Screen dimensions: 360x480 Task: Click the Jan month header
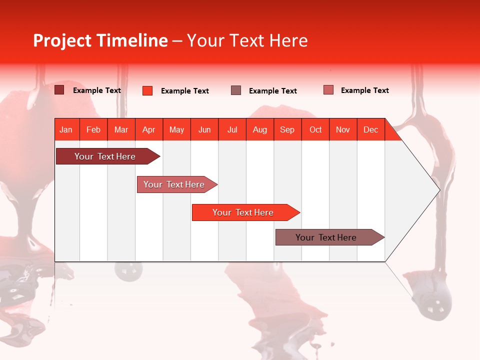click(x=66, y=129)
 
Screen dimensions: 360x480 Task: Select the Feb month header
click(x=93, y=129)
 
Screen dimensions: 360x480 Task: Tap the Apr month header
click(x=149, y=129)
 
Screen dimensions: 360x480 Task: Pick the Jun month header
click(x=204, y=129)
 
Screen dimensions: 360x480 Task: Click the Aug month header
click(x=260, y=129)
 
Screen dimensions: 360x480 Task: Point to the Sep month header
click(x=287, y=129)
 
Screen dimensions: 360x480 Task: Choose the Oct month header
click(x=315, y=129)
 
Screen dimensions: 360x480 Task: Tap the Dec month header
click(x=371, y=129)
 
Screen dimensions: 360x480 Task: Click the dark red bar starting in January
click(x=105, y=156)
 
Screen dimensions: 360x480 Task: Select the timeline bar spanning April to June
click(x=174, y=184)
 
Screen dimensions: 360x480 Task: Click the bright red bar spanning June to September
click(x=243, y=212)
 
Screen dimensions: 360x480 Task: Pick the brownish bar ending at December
click(x=326, y=237)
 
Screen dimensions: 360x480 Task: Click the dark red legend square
click(x=59, y=90)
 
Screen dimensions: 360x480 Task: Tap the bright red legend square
click(x=147, y=90)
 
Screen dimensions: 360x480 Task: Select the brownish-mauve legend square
click(x=236, y=90)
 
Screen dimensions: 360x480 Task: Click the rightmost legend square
click(x=328, y=90)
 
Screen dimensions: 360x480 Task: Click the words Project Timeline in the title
click(x=100, y=40)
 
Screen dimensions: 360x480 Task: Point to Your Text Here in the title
click(x=247, y=40)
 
